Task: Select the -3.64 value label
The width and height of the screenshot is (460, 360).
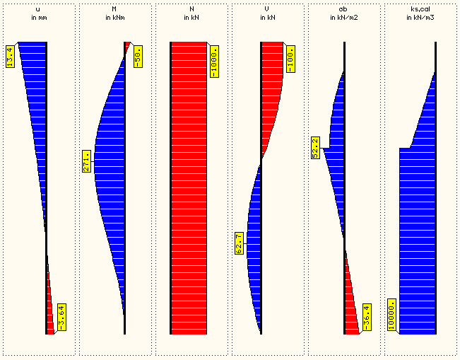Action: (61, 315)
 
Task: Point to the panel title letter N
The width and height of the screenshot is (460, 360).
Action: (191, 8)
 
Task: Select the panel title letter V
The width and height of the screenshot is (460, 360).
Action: (268, 8)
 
